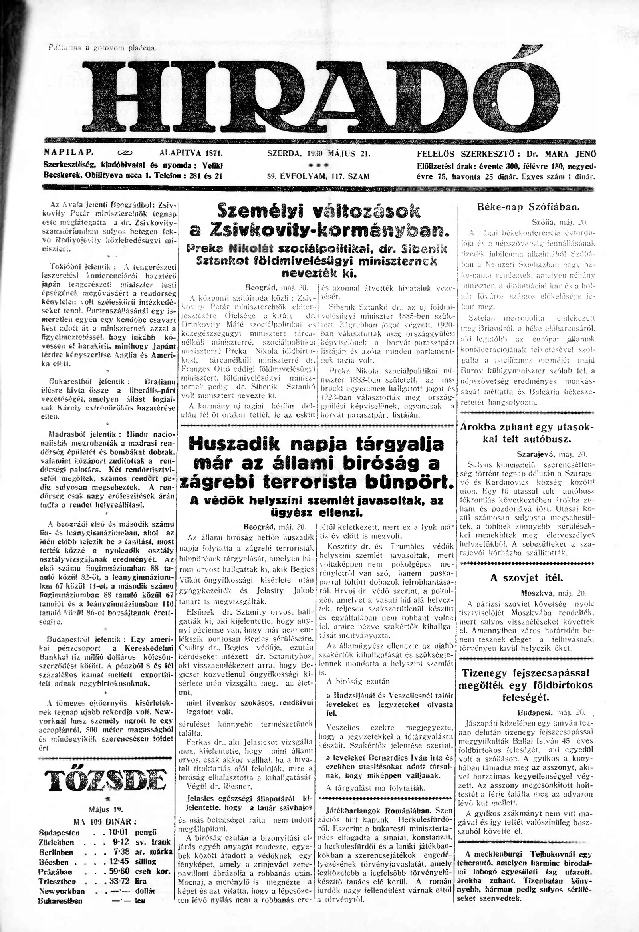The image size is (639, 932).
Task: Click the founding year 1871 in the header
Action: pos(214,153)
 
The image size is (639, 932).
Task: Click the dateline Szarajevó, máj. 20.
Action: pos(552,455)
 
